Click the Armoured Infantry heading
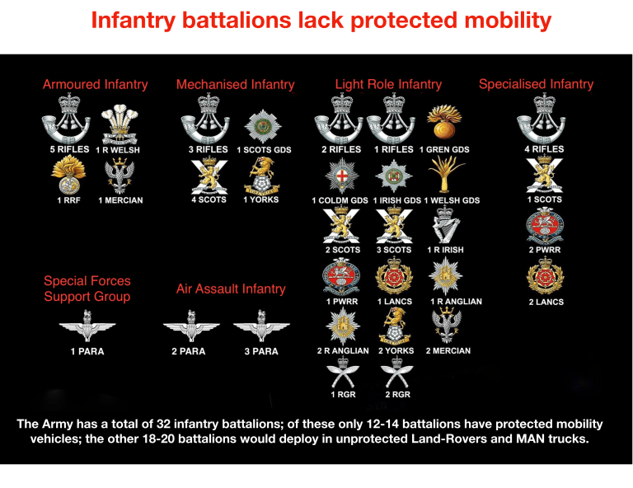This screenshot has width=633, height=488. [x=96, y=84]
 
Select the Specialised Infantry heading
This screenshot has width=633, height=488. [x=536, y=83]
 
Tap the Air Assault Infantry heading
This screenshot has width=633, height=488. [x=231, y=289]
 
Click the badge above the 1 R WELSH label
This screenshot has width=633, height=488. [x=118, y=124]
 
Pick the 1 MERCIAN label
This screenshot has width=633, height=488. [x=120, y=200]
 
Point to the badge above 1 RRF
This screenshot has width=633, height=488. [x=68, y=173]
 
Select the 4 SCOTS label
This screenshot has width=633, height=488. [x=209, y=200]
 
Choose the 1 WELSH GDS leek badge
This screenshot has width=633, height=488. [x=448, y=175]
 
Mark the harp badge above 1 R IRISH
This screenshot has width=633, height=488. [x=445, y=225]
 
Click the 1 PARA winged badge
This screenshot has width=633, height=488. [x=87, y=326]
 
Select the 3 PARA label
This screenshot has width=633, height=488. [x=260, y=352]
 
